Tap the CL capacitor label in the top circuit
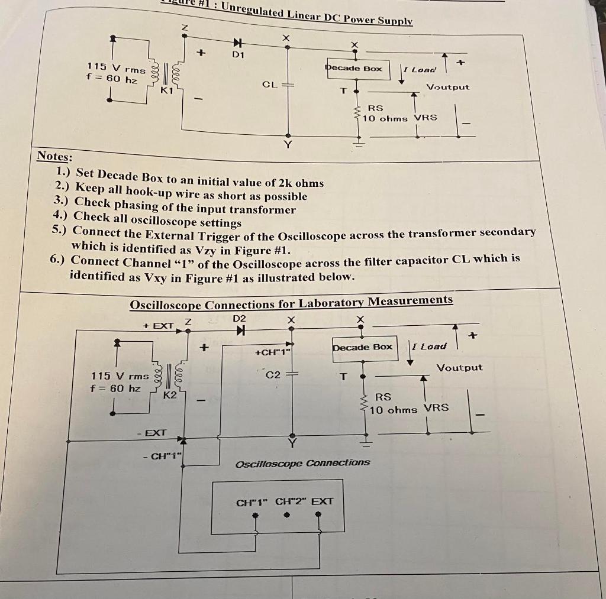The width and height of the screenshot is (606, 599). tap(269, 85)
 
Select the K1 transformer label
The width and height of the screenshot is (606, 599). tap(167, 90)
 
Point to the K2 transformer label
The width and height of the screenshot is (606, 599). tap(170, 394)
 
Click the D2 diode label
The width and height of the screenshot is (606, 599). tap(239, 319)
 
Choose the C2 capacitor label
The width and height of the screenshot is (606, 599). tap(273, 374)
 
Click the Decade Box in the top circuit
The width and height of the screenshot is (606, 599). tap(354, 69)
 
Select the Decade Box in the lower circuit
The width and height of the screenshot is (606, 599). tap(363, 347)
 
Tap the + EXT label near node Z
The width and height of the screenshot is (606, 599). tap(159, 326)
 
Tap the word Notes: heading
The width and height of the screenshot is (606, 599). tap(55, 157)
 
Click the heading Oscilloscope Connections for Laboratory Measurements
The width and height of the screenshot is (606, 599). tap(291, 303)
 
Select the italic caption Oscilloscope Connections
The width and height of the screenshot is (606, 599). tap(303, 463)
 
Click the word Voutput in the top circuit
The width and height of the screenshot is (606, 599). tap(448, 87)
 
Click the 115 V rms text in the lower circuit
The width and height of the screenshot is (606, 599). tap(120, 376)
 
